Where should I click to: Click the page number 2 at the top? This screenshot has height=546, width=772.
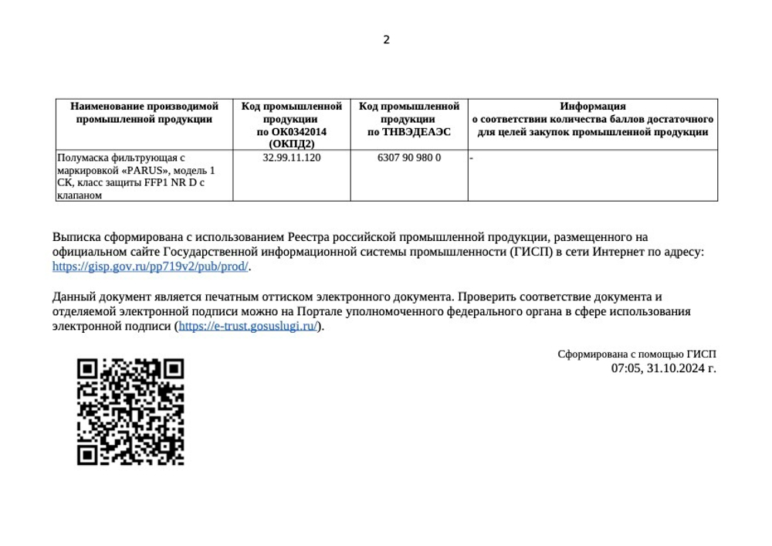click(387, 40)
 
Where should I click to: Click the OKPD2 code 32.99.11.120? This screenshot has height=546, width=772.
click(292, 158)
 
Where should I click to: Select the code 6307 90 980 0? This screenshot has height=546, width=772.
click(409, 158)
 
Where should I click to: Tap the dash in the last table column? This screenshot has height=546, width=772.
click(472, 158)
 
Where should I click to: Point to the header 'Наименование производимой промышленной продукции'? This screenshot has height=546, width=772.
click(144, 113)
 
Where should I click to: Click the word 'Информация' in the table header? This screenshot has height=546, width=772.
click(593, 107)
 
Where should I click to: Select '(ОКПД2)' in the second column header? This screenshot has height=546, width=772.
click(292, 144)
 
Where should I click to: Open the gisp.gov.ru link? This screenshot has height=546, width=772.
click(151, 266)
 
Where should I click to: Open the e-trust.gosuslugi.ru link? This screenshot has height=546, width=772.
click(248, 326)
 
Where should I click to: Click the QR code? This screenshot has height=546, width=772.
click(130, 412)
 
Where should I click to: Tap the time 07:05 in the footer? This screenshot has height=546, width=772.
click(625, 368)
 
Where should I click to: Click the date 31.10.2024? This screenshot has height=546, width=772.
click(675, 368)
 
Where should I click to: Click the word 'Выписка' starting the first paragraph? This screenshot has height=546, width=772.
click(76, 237)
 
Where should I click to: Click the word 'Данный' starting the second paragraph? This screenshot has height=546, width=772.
click(73, 297)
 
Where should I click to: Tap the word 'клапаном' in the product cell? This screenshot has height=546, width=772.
click(80, 195)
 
